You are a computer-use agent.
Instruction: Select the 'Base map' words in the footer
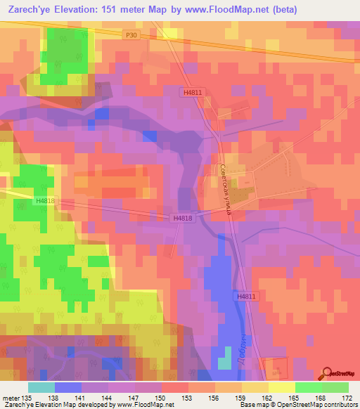coord(250,404)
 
